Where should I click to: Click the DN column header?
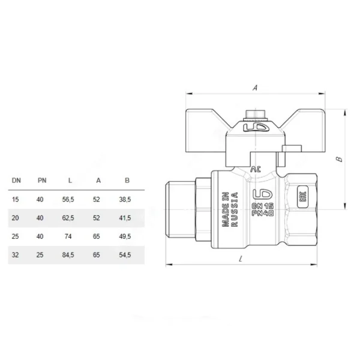coord(16,181)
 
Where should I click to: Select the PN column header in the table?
coord(42,181)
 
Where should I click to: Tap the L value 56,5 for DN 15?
coord(68,199)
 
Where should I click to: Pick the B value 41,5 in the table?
coord(125,218)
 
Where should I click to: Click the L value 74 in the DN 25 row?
coord(68,236)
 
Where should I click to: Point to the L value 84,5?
coord(68,255)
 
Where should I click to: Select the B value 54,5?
coord(125,255)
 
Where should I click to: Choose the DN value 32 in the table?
coord(16,255)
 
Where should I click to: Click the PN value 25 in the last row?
coord(40,255)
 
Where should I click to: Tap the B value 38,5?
coord(125,199)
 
